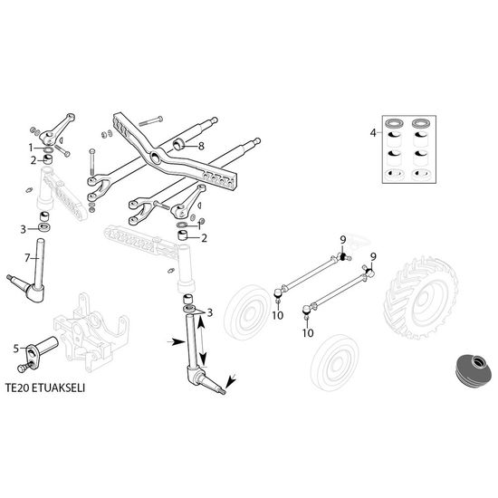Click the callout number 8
201,147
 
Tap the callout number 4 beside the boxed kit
373,132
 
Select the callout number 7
27,258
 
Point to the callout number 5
16,349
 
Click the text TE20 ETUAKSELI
45,388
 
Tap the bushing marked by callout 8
178,144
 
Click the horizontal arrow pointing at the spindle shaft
176,341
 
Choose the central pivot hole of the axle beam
156,157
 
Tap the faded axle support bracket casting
91,332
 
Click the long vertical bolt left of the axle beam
92,164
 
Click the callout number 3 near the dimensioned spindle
209,313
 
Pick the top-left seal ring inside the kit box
394,123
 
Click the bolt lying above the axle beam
150,120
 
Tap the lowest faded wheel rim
335,362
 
